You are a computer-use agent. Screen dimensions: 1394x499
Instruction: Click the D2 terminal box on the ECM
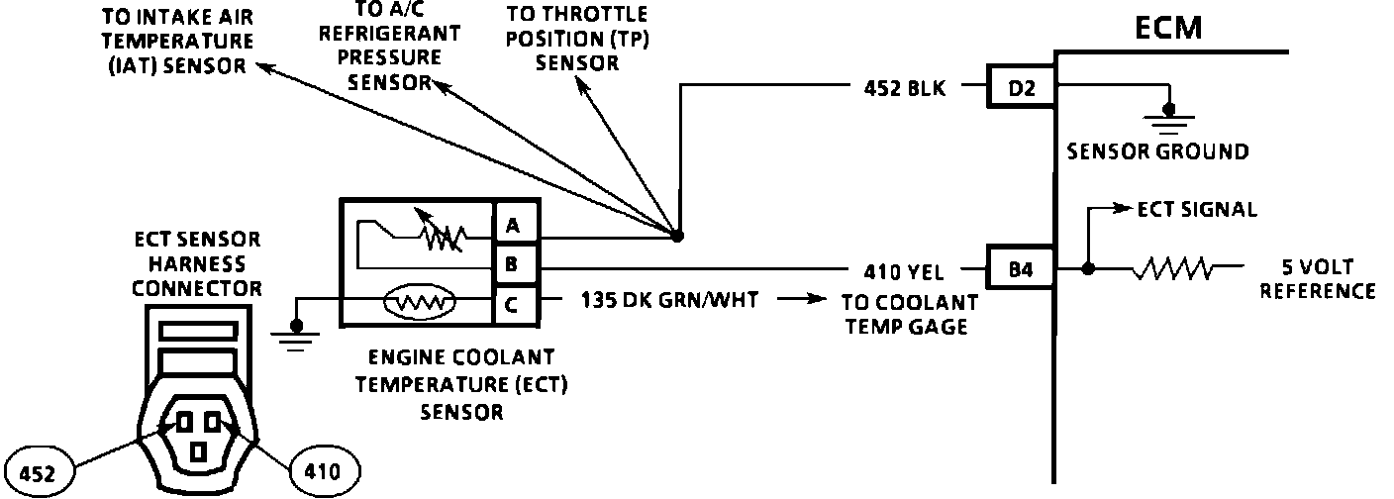tap(1021, 88)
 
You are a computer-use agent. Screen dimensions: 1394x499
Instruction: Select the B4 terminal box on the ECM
tap(1021, 268)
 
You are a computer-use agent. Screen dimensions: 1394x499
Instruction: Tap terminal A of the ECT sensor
tap(512, 227)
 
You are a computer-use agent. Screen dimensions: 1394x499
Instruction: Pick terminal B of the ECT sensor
tap(512, 265)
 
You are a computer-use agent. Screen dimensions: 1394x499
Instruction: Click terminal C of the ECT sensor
tap(512, 304)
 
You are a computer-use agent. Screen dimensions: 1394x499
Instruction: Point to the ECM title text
tap(1167, 27)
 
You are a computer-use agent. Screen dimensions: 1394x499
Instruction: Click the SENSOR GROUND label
tap(1155, 152)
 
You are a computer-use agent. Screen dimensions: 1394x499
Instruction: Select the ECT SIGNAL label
tap(1197, 209)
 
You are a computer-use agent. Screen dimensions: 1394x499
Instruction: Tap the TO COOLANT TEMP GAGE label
tap(908, 314)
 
